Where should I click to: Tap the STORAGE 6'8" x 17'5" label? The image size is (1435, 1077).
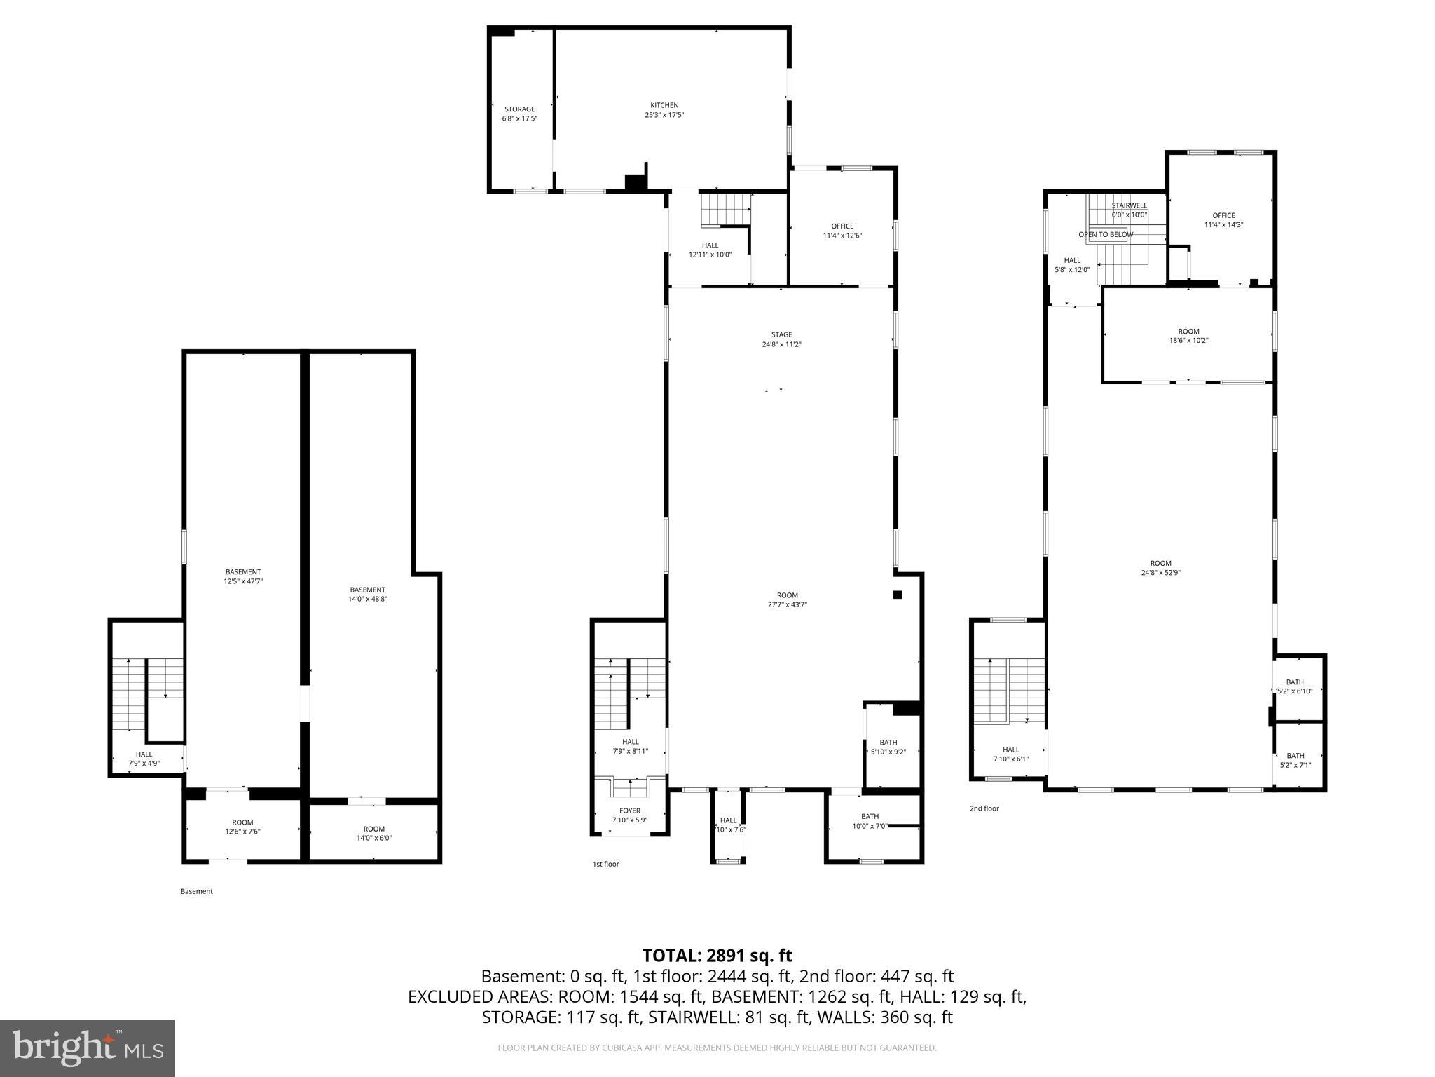tap(519, 114)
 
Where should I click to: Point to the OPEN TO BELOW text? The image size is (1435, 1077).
tap(1106, 234)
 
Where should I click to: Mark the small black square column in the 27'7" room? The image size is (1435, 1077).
tap(897, 595)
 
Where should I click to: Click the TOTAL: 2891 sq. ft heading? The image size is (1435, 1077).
tap(717, 956)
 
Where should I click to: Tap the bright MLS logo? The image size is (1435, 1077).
tap(88, 1048)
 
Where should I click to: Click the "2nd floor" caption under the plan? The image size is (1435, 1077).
tap(984, 808)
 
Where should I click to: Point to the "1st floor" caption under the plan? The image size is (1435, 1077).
tap(605, 864)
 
